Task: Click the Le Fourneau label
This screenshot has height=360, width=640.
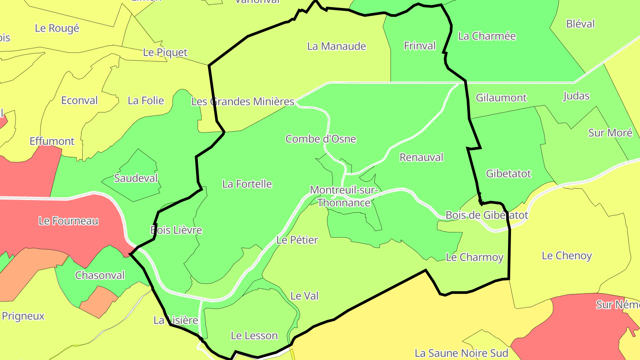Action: (x=68, y=221)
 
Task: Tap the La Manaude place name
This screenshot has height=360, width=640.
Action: (x=336, y=46)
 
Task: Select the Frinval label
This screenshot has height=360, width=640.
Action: (x=420, y=46)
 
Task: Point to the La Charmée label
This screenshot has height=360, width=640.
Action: (x=487, y=36)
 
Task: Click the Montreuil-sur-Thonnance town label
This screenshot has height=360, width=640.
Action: (x=344, y=196)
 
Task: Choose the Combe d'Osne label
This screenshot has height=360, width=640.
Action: (x=320, y=139)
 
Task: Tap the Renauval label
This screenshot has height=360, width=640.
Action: (x=421, y=157)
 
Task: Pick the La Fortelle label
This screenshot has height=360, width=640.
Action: (x=247, y=184)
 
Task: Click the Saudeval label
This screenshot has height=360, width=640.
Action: (x=136, y=179)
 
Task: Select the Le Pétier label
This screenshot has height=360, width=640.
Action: (x=297, y=240)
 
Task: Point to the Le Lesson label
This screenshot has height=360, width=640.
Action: (x=254, y=336)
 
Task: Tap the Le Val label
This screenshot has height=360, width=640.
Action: (x=304, y=296)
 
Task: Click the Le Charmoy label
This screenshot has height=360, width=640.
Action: (x=474, y=257)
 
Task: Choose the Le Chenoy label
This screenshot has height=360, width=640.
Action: (x=567, y=256)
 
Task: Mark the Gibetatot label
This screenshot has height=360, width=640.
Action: (x=508, y=174)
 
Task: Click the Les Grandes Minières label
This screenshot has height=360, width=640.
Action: (x=243, y=102)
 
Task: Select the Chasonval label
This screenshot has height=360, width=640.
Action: (x=100, y=276)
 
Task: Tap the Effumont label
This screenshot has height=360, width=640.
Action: (x=52, y=141)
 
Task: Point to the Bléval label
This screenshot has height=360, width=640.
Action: (x=580, y=24)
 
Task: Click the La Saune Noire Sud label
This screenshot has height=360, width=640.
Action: (x=461, y=353)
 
